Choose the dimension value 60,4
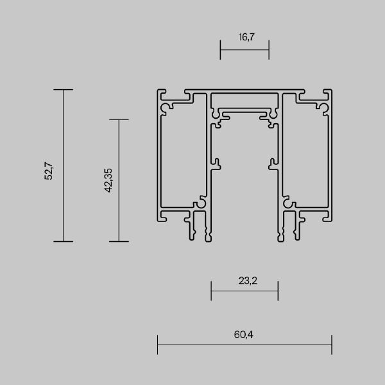point(244,334)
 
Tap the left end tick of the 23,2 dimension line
point(211,290)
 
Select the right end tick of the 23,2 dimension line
point(278,290)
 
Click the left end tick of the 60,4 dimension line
point(157,345)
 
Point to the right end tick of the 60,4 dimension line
point(332,345)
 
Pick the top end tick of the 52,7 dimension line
point(63,90)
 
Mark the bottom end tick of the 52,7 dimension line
point(63,242)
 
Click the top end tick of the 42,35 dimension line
point(119,119)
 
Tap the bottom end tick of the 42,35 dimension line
point(119,242)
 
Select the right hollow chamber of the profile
point(306,160)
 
